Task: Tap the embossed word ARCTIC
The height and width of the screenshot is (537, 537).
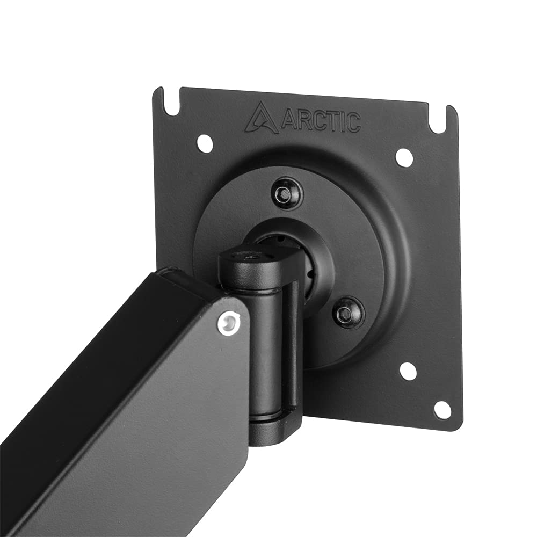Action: pyautogui.click(x=320, y=122)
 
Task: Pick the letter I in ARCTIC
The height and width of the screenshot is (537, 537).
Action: pyautogui.click(x=344, y=123)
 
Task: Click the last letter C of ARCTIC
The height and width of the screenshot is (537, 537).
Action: pyautogui.click(x=354, y=124)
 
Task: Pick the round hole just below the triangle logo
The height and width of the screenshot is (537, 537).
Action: pyautogui.click(x=205, y=142)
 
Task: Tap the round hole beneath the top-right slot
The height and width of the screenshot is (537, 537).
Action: pyautogui.click(x=404, y=157)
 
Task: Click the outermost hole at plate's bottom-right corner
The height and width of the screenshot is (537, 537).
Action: pyautogui.click(x=442, y=410)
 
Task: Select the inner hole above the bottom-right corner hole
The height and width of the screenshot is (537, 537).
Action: pyautogui.click(x=408, y=371)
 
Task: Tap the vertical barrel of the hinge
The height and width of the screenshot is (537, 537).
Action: pyautogui.click(x=267, y=349)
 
